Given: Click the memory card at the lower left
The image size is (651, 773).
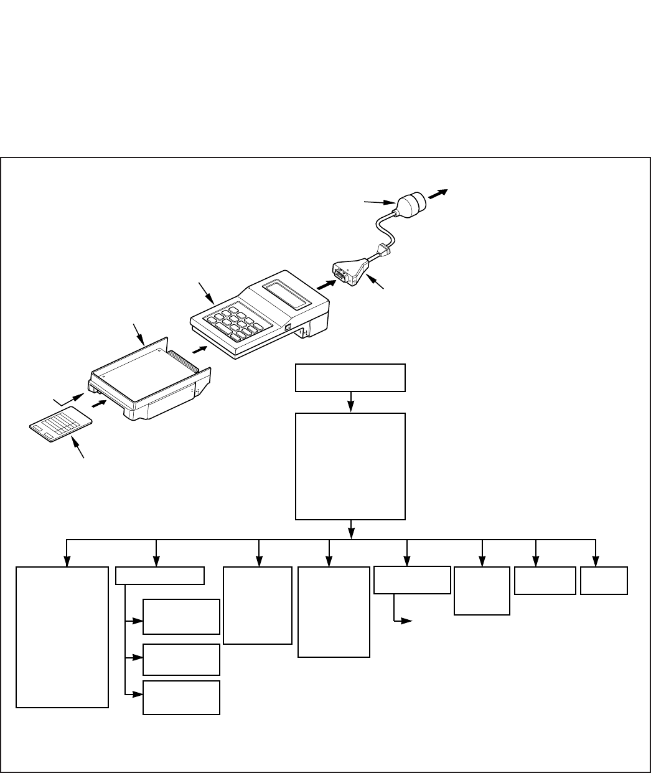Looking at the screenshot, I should [x=61, y=427].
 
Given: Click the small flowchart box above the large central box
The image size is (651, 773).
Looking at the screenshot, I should [x=350, y=378].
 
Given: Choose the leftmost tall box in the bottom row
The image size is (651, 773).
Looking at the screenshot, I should [x=62, y=636].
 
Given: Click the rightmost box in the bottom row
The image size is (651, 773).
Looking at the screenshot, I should [x=604, y=580].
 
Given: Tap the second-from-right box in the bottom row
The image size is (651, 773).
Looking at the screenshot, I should [x=545, y=581].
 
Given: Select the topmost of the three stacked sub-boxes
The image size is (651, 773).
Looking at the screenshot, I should [x=181, y=616].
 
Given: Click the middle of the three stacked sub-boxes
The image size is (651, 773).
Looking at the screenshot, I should [x=181, y=659].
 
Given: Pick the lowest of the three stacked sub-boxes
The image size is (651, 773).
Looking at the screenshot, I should [x=181, y=697].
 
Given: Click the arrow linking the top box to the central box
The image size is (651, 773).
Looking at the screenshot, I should [x=351, y=402].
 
